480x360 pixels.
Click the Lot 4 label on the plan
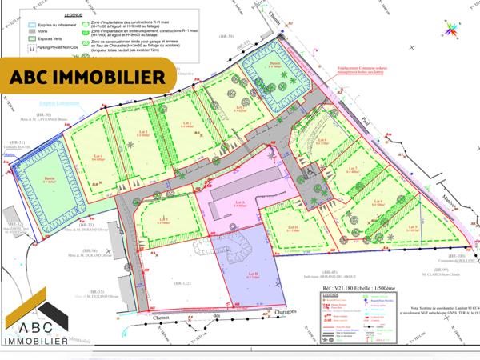(x=96, y=155)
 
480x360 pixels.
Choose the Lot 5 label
(x=414, y=230)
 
